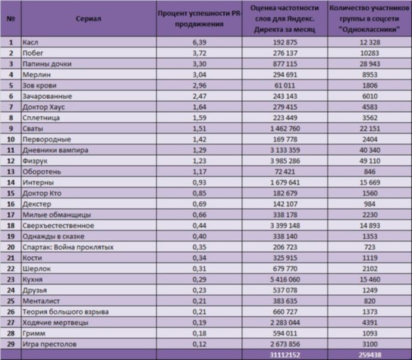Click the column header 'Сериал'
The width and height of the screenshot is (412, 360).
click(88, 19)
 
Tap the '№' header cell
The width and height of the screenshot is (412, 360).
click(11, 19)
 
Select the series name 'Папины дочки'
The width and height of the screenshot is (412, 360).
click(47, 64)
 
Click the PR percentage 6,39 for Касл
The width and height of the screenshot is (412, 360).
click(199, 43)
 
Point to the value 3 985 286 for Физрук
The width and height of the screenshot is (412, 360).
click(285, 161)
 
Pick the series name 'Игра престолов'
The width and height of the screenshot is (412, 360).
click(49, 344)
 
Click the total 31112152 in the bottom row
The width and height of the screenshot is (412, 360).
click(285, 355)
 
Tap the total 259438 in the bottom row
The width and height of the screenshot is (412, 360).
click(369, 355)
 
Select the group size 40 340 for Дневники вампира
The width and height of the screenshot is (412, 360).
click(369, 150)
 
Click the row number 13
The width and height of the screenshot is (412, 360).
click(11, 171)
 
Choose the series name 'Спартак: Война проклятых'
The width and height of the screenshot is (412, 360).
click(68, 247)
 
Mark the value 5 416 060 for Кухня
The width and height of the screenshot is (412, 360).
click(285, 279)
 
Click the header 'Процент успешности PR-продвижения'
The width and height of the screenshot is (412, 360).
click(199, 19)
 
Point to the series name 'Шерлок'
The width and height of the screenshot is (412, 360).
click(37, 268)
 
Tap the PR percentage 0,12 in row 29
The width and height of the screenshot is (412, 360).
click(199, 344)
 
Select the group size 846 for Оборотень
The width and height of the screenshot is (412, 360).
click(369, 171)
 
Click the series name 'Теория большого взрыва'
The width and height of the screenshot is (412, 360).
click(65, 311)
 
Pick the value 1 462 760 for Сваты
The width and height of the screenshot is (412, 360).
click(285, 129)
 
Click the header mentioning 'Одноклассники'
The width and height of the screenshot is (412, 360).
click(369, 19)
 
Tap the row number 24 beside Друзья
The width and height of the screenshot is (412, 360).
click(11, 290)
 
